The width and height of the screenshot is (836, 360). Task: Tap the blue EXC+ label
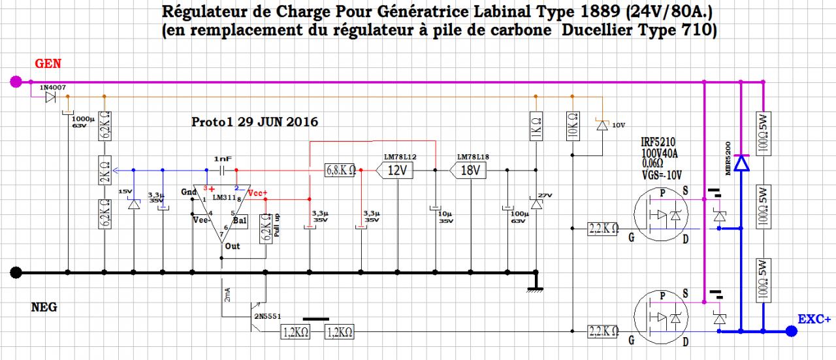(x=814, y=319)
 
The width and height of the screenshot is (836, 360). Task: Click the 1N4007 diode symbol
(x=50, y=98)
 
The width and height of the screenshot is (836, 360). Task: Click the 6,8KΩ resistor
(x=340, y=171)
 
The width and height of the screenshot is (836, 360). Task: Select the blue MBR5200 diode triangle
(x=741, y=163)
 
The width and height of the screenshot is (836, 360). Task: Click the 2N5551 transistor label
(x=267, y=316)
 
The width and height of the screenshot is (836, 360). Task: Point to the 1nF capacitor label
(x=223, y=159)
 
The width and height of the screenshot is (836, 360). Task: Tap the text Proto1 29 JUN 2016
(x=255, y=122)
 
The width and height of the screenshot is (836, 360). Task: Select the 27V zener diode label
(x=545, y=195)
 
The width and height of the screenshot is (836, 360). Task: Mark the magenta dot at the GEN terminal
(x=17, y=82)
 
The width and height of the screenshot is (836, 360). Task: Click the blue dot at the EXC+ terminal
(x=791, y=331)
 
